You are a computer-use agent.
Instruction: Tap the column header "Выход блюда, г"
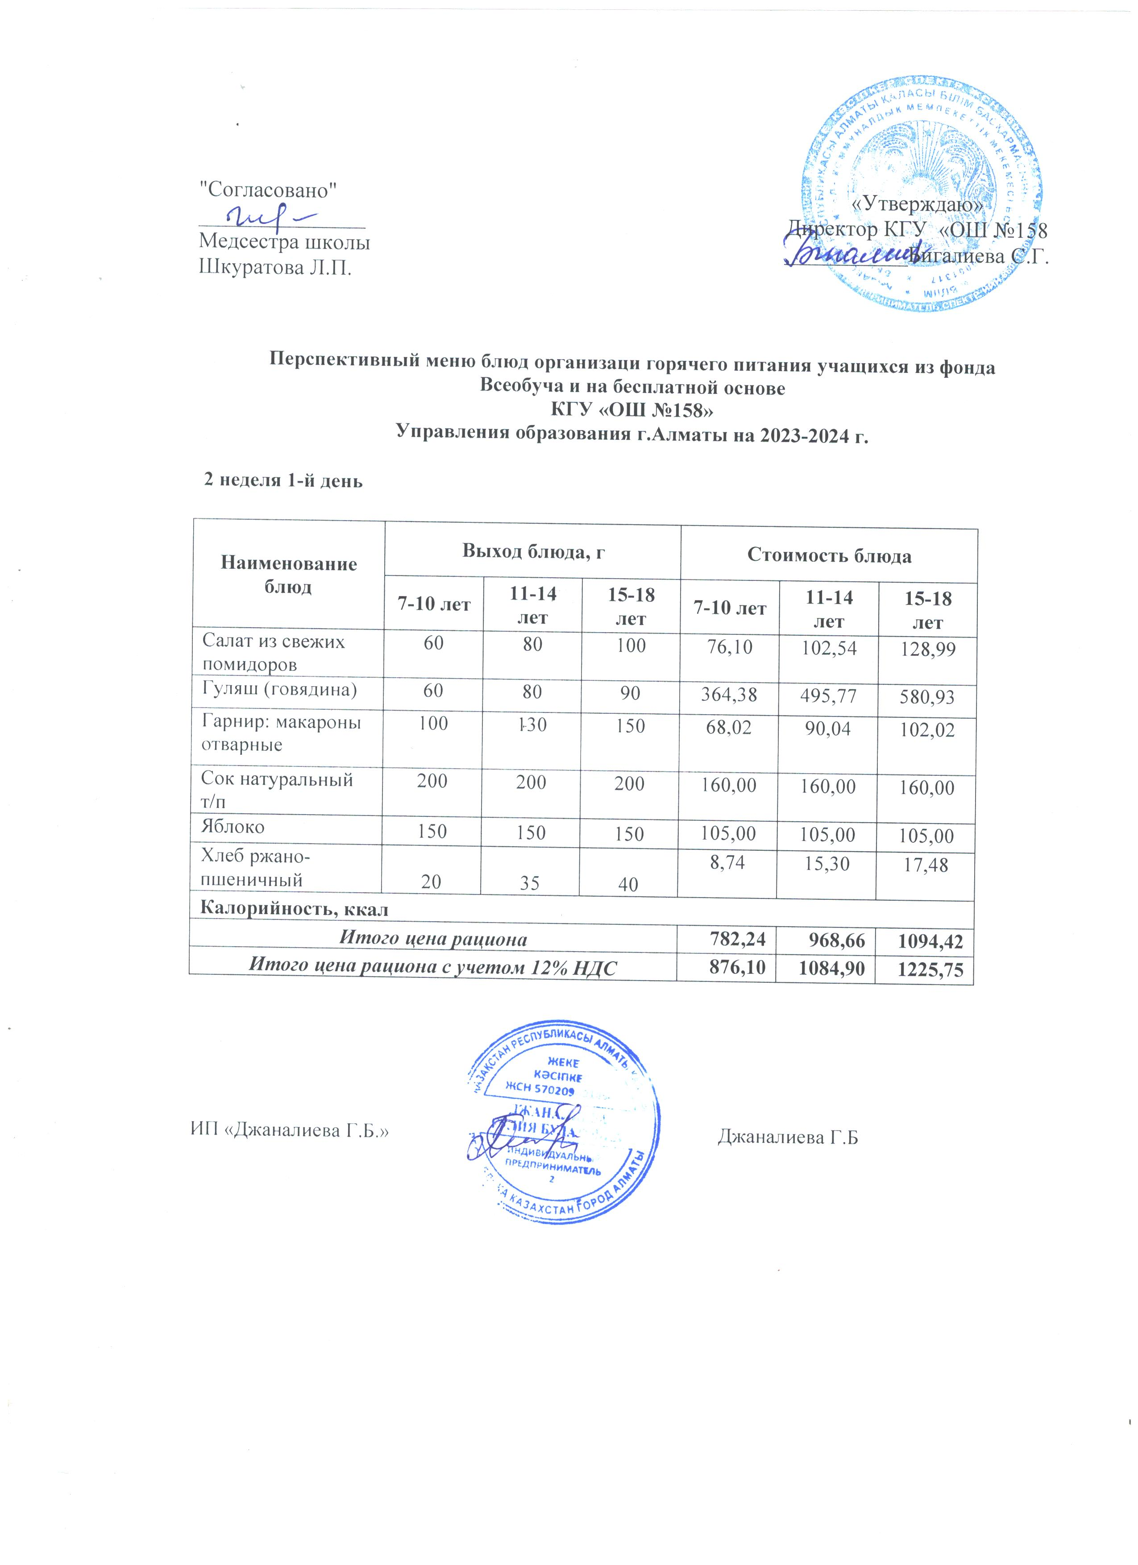(x=532, y=550)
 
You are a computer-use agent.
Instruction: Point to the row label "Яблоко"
(x=232, y=826)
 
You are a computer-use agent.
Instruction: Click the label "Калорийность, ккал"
(x=294, y=909)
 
